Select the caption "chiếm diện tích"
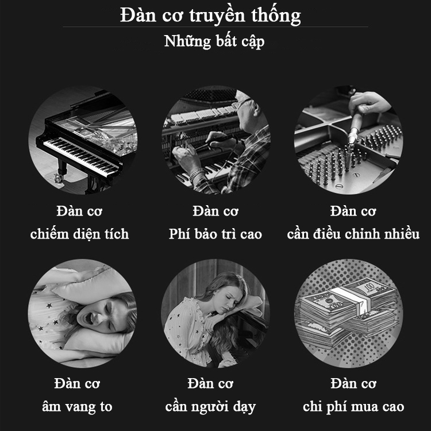[79, 234]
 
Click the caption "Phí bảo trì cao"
[215, 234]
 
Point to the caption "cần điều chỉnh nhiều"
[353, 234]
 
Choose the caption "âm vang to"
[77, 407]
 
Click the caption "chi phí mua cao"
[353, 407]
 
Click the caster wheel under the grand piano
[59, 178]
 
